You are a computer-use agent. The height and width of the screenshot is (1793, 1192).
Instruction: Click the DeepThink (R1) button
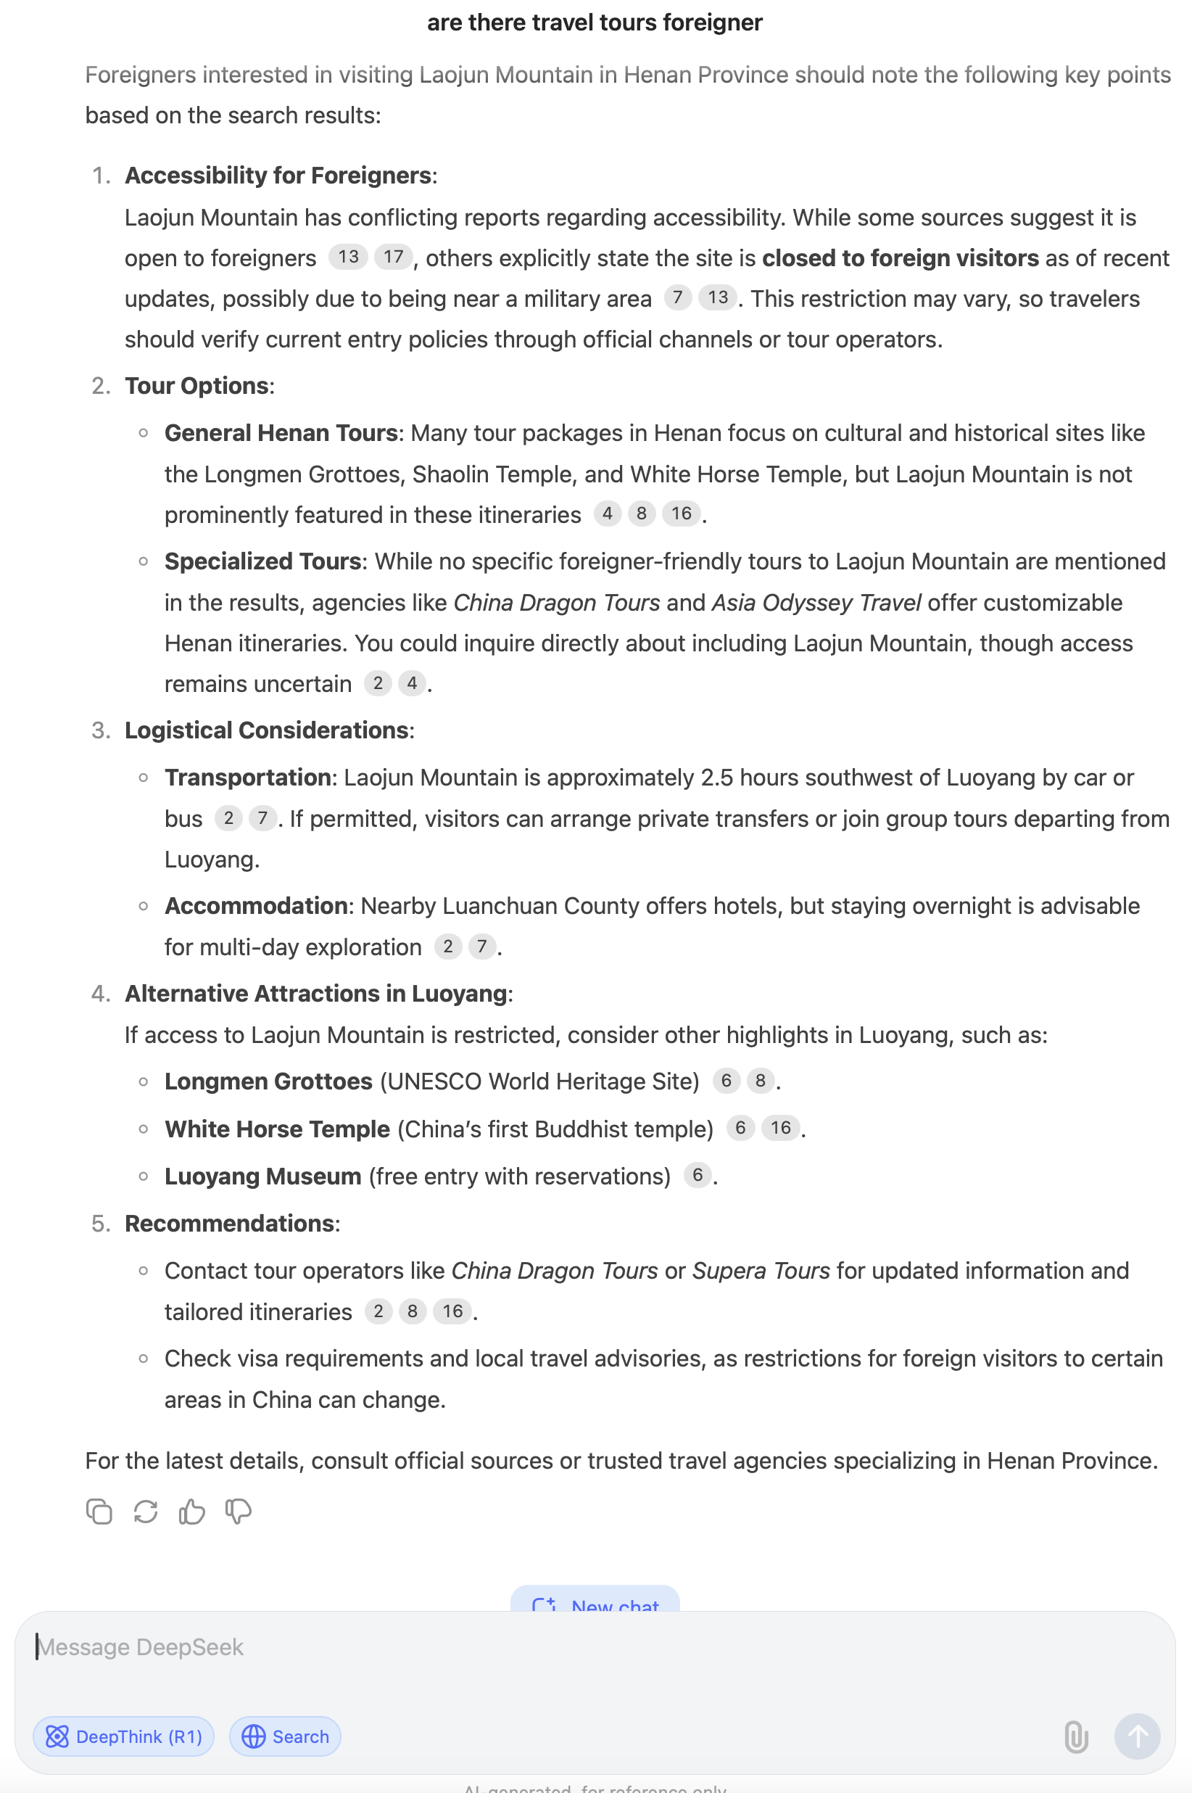[123, 1736]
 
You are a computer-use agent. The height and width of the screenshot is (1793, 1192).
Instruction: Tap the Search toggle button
[285, 1736]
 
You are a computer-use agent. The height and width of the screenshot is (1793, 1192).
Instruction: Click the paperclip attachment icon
[1076, 1736]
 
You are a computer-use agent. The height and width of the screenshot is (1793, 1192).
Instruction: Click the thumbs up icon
[191, 1512]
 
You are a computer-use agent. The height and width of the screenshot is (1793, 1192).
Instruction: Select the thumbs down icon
[238, 1512]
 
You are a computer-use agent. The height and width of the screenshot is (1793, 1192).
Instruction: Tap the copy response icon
[99, 1512]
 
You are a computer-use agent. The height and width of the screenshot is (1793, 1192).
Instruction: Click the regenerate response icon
[145, 1512]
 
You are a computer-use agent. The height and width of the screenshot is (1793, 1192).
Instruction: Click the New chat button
[595, 1602]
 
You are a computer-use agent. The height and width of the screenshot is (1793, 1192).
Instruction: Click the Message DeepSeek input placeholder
[141, 1647]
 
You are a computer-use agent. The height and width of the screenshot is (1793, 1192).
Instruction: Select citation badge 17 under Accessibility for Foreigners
[393, 257]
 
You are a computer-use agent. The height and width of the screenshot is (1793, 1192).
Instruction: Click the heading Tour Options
[197, 386]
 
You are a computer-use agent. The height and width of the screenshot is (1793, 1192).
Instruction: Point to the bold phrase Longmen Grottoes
[268, 1081]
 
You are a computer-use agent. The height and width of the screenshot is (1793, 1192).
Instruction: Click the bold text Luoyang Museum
[263, 1176]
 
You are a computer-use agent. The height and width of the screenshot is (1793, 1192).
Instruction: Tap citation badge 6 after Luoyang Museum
[697, 1176]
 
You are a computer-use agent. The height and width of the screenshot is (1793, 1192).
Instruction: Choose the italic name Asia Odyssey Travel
[816, 602]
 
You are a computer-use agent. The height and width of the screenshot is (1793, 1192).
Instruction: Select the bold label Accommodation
[256, 906]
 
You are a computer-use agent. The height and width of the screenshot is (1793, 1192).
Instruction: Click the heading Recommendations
[230, 1224]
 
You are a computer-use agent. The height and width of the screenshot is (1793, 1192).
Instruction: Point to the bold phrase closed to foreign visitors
[900, 258]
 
